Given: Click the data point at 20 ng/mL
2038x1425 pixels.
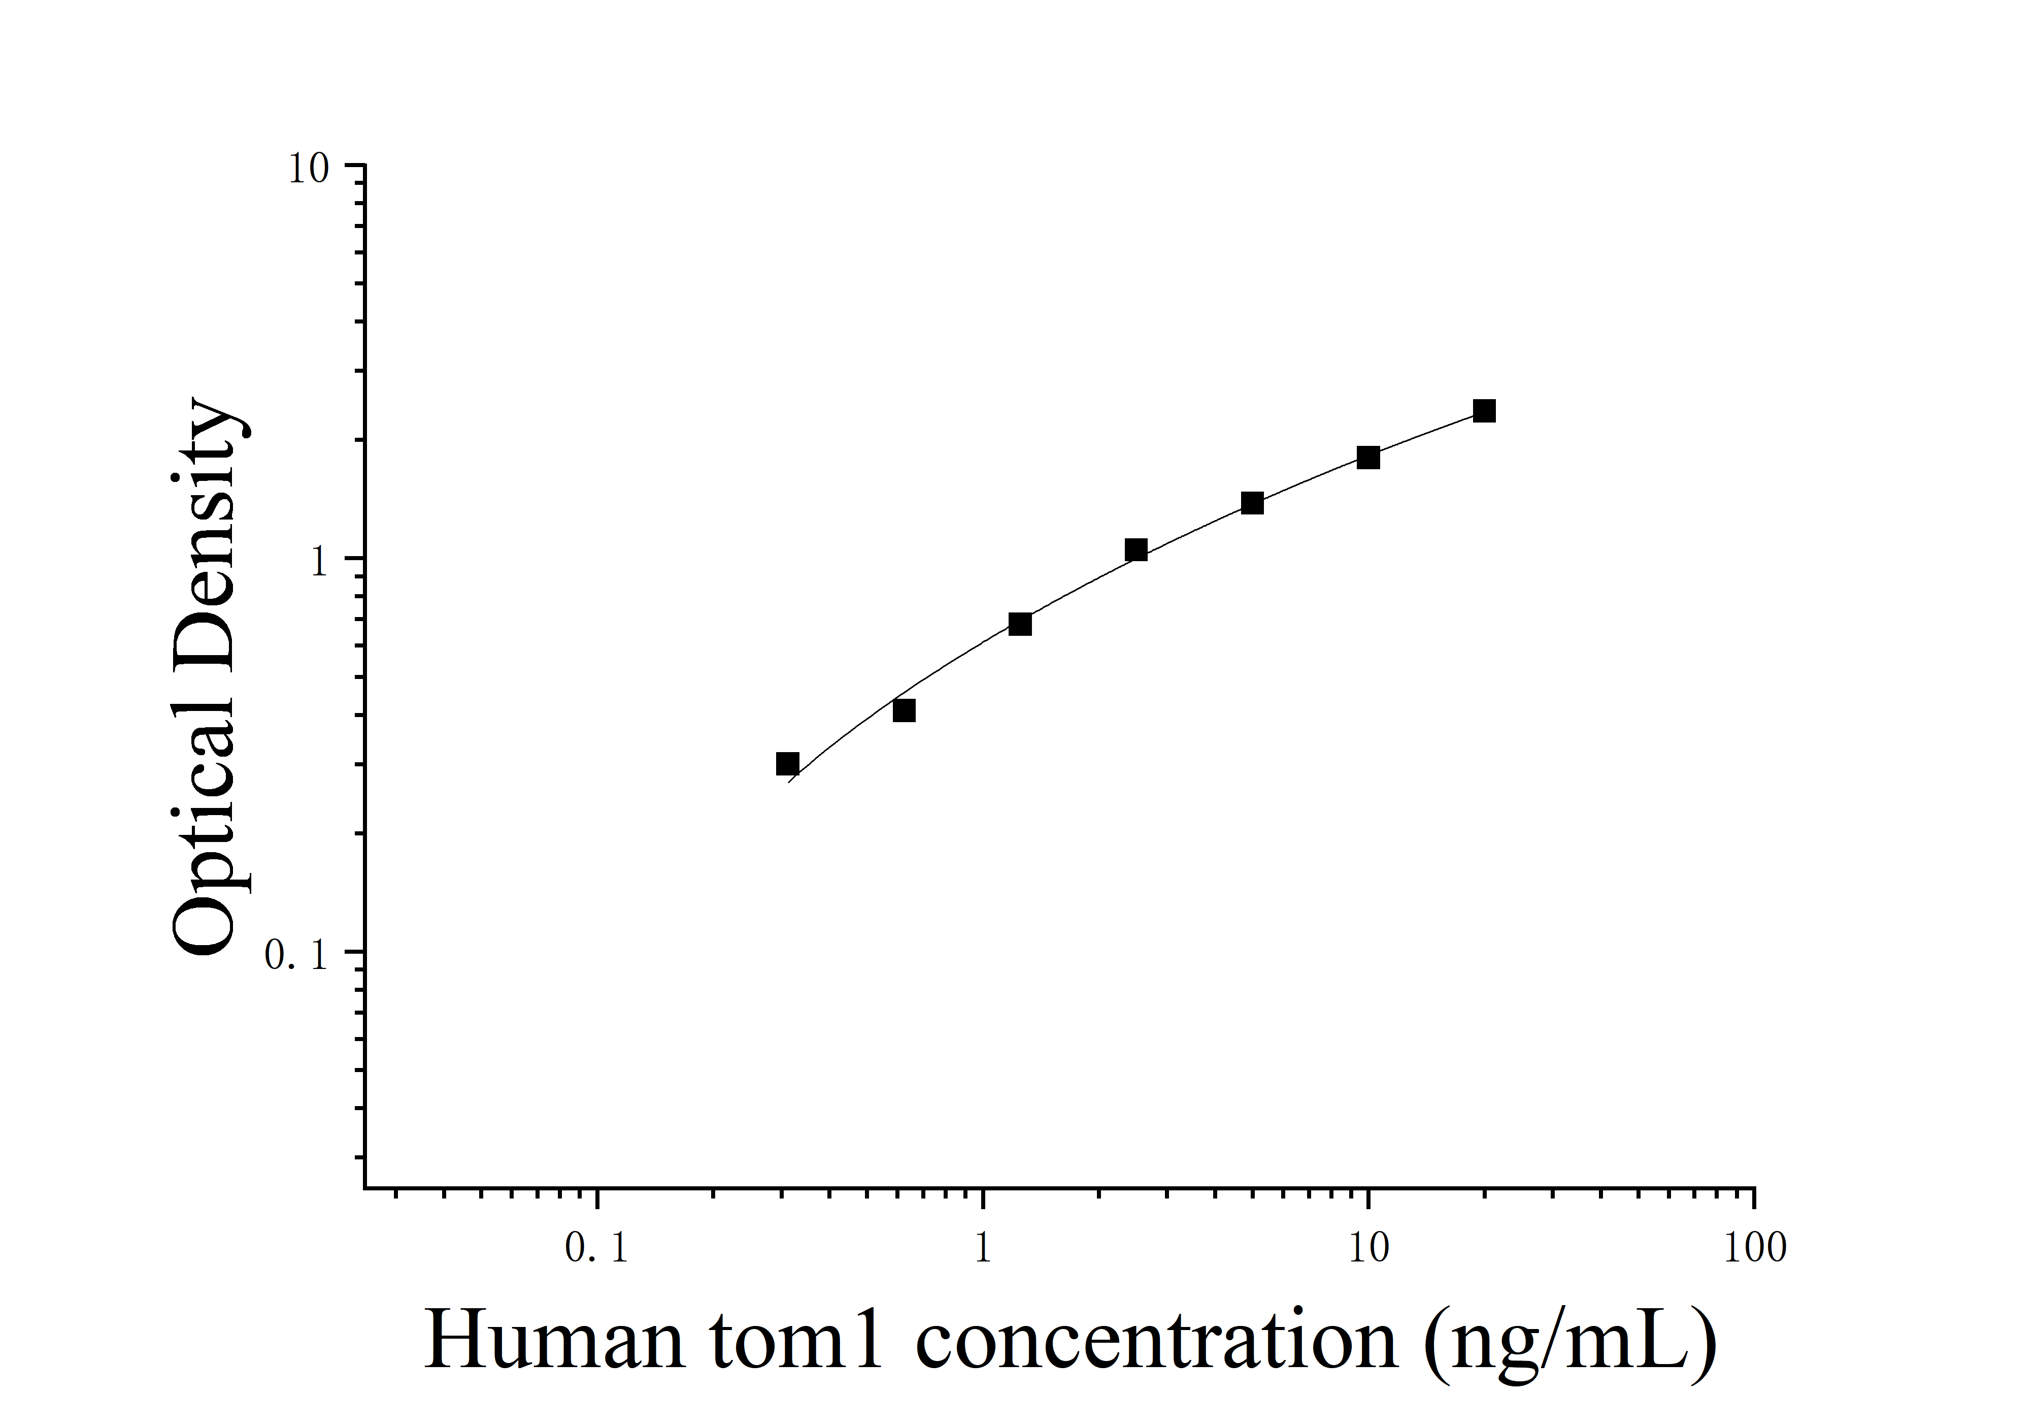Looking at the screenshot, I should click(x=1484, y=411).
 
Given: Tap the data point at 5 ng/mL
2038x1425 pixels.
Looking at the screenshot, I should click(x=1252, y=503).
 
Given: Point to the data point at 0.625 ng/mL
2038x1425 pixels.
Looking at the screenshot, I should click(x=904, y=710).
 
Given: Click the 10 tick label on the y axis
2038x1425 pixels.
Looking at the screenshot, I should click(x=308, y=169).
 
